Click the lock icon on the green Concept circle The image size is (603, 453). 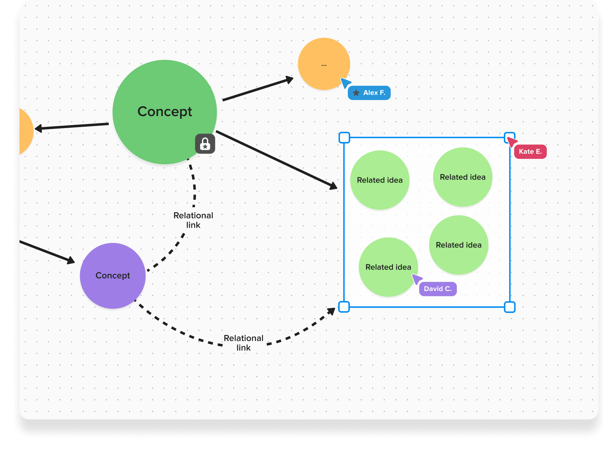(205, 144)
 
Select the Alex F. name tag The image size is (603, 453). (369, 93)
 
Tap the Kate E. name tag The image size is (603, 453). (530, 152)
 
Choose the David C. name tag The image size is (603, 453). (438, 289)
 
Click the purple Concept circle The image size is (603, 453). (113, 276)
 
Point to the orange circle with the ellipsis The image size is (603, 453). (324, 64)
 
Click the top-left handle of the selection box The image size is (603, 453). (344, 137)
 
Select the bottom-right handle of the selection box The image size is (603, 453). (510, 307)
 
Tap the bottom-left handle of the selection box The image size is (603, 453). (344, 307)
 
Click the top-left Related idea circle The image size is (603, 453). (380, 180)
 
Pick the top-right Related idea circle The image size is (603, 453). (463, 177)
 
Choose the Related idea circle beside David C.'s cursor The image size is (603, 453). (388, 267)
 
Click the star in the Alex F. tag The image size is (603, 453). (356, 93)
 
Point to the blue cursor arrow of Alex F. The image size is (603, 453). (345, 82)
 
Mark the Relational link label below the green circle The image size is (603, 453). (193, 220)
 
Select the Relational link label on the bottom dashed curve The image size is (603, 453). (244, 343)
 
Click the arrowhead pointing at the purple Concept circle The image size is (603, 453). (71, 260)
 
